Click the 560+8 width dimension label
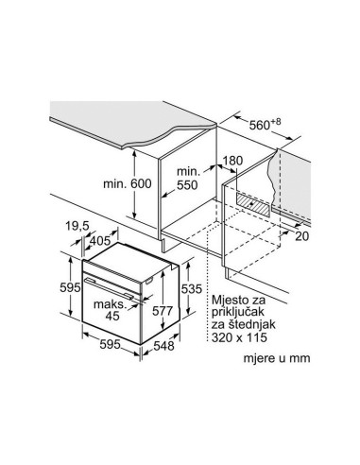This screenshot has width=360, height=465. [x=265, y=125]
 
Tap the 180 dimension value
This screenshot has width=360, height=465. [x=233, y=161]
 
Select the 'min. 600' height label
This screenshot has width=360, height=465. [x=128, y=183]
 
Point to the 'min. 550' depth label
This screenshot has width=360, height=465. [x=188, y=179]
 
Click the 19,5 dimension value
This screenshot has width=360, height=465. [x=77, y=226]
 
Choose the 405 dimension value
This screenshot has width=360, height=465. [x=100, y=241]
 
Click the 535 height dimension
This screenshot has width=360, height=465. [x=191, y=288]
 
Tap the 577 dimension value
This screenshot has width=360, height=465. [x=163, y=311]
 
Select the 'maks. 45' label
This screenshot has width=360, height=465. [x=110, y=310]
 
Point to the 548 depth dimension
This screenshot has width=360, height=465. [x=163, y=346]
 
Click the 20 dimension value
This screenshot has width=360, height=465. [x=301, y=236]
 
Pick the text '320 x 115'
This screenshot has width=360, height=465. [x=239, y=337]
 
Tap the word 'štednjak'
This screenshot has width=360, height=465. [x=255, y=324]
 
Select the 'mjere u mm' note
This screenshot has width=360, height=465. [x=277, y=358]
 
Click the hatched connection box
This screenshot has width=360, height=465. [x=252, y=204]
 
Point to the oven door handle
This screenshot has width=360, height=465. [x=109, y=288]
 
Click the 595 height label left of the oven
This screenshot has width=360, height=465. [x=70, y=287]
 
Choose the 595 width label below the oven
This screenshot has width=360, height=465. [x=111, y=344]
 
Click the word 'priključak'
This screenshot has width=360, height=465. [x=238, y=313]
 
